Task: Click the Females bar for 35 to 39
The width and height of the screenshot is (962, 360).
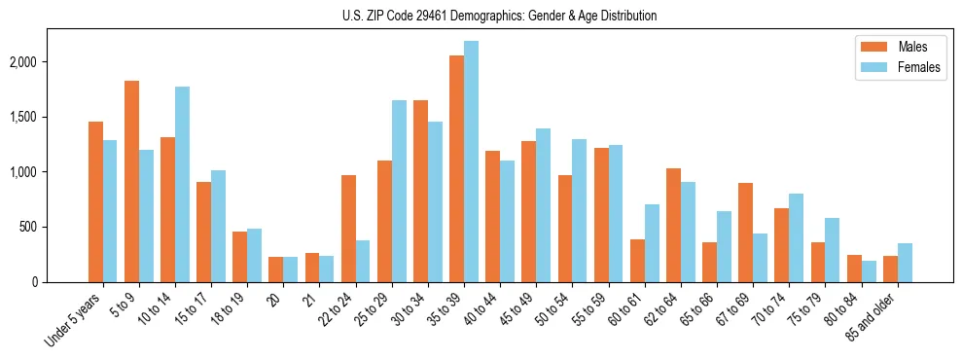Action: coord(471,162)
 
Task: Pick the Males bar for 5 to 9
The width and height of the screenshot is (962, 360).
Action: coord(131,181)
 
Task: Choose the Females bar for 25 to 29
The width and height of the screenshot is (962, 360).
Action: coord(399,191)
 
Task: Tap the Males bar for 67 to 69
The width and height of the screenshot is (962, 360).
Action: coord(745,233)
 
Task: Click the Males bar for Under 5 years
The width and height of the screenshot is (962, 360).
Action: coord(95,201)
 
